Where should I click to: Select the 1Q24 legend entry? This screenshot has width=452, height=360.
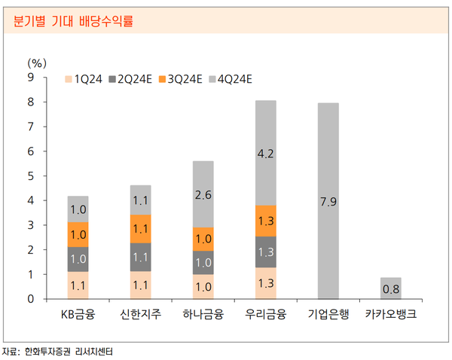pos(84,78)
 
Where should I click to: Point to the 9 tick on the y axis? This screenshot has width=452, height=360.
pos(31,77)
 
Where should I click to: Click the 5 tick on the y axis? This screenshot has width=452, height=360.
pos(31,175)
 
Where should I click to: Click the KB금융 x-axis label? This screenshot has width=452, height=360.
pos(78,313)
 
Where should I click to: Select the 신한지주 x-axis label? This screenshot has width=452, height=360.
pos(140,313)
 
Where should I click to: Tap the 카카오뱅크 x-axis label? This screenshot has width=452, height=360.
pos(390,313)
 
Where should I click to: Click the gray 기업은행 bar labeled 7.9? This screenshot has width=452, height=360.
pos(328,201)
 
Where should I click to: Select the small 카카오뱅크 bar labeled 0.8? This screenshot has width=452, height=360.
pos(390,288)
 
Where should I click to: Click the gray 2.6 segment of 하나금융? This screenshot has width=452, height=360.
pos(203,194)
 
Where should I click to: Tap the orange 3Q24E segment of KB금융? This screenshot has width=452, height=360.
pos(78,234)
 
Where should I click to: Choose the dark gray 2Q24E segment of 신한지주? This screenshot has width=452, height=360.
pos(140,257)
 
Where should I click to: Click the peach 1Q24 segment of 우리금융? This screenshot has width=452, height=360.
pos(265,283)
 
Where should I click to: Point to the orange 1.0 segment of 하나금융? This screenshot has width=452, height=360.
pos(203,239)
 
